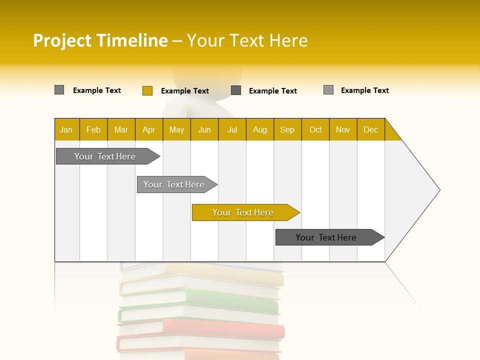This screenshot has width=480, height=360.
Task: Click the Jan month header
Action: (66, 129)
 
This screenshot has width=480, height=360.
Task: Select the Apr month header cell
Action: (149, 129)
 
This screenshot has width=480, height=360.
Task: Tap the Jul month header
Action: (232, 129)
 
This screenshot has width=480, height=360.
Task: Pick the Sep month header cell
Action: (287, 129)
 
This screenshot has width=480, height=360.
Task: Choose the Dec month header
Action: (371, 129)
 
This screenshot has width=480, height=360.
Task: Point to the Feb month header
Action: (93, 129)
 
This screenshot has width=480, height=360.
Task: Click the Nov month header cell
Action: (343, 129)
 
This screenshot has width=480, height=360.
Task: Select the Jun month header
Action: (204, 129)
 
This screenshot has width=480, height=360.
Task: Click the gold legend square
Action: (147, 90)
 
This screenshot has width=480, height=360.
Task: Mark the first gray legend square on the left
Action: (59, 90)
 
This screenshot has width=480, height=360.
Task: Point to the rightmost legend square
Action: (328, 90)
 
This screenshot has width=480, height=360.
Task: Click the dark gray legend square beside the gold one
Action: (236, 90)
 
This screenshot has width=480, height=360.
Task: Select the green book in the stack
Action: (200, 306)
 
